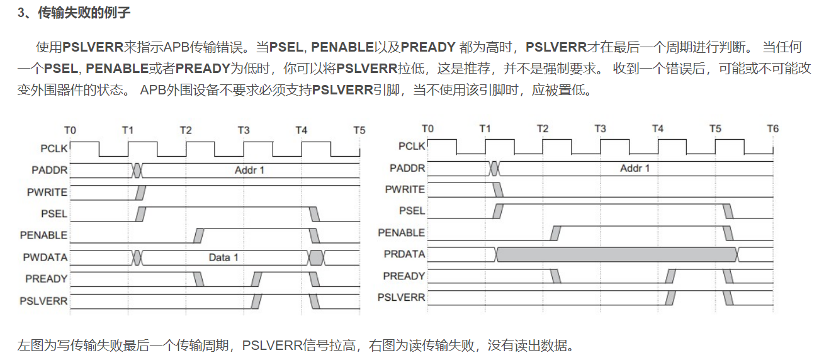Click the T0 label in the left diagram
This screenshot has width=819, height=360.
(70, 130)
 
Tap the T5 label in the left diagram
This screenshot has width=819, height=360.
(359, 130)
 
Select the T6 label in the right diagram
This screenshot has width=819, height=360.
(772, 128)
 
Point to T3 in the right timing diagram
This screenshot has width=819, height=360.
(600, 128)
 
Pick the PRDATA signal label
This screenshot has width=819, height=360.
(404, 254)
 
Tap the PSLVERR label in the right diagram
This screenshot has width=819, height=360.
(401, 297)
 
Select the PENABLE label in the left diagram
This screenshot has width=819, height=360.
(43, 235)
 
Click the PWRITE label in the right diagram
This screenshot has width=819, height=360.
(405, 189)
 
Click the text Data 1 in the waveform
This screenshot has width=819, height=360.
(223, 257)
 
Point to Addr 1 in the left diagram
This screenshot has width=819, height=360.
(249, 170)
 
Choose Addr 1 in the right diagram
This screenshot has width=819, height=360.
(635, 168)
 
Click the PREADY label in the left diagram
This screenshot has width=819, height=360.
(46, 278)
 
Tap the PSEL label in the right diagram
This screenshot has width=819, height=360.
(412, 211)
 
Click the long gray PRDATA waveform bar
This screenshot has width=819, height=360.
(617, 254)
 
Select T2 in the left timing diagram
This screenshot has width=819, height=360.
(185, 130)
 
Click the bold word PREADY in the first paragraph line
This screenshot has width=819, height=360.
(427, 47)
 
